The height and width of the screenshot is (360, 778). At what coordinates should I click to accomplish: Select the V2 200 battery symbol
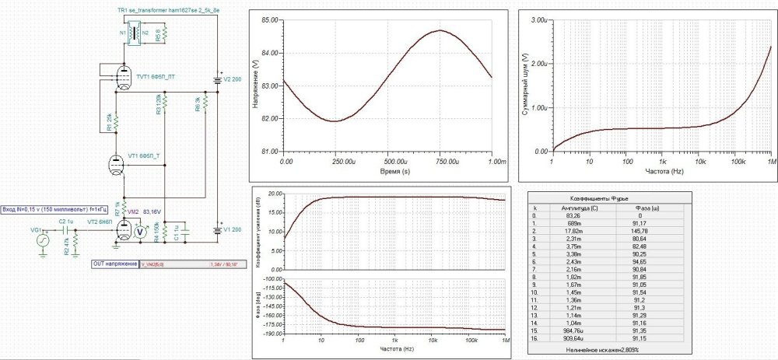pyautogui.click(x=218, y=79)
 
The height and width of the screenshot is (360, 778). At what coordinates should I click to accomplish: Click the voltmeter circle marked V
pyautogui.click(x=140, y=231)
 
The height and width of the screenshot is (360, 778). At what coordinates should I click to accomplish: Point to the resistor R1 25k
pyautogui.click(x=114, y=122)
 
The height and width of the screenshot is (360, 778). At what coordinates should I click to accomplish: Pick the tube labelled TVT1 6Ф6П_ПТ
pyautogui.click(x=122, y=76)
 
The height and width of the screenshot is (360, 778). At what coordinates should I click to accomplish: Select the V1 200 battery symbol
pyautogui.click(x=218, y=230)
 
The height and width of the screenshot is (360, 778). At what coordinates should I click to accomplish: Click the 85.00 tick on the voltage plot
pyautogui.click(x=271, y=19)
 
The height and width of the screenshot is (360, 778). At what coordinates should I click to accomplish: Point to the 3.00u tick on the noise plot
pyautogui.click(x=539, y=19)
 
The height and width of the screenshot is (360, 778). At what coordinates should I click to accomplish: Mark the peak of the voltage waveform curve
pyautogui.click(x=440, y=30)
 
